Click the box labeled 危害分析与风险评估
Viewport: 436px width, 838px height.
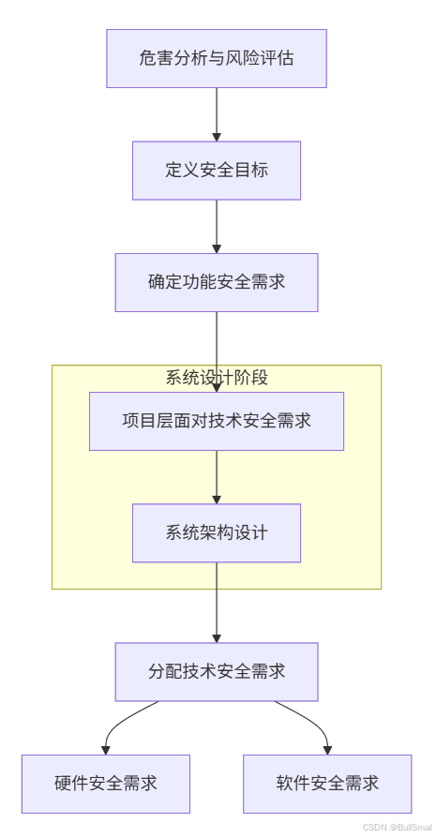(x=217, y=58)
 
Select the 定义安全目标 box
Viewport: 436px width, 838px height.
(x=217, y=171)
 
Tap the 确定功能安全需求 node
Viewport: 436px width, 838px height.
(x=217, y=282)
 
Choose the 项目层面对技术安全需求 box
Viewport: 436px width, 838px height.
(x=217, y=421)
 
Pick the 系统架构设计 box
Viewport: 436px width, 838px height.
(x=217, y=533)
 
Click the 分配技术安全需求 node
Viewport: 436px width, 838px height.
(x=217, y=672)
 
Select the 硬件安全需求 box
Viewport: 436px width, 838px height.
(x=106, y=784)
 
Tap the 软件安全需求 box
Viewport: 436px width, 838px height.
(x=327, y=784)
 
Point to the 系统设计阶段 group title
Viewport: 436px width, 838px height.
(x=217, y=378)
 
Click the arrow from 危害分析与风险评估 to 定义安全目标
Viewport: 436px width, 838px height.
(x=217, y=112)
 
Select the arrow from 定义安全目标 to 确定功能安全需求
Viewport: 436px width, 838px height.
(x=217, y=225)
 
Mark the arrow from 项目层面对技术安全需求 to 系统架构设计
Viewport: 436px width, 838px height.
(x=217, y=475)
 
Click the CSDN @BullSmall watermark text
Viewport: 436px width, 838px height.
(x=397, y=828)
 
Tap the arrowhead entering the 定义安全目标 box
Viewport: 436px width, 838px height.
(x=217, y=137)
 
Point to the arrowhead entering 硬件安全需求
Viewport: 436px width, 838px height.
(x=106, y=750)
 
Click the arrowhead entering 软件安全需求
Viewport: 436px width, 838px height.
(x=327, y=750)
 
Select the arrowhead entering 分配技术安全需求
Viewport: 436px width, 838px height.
(x=217, y=638)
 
